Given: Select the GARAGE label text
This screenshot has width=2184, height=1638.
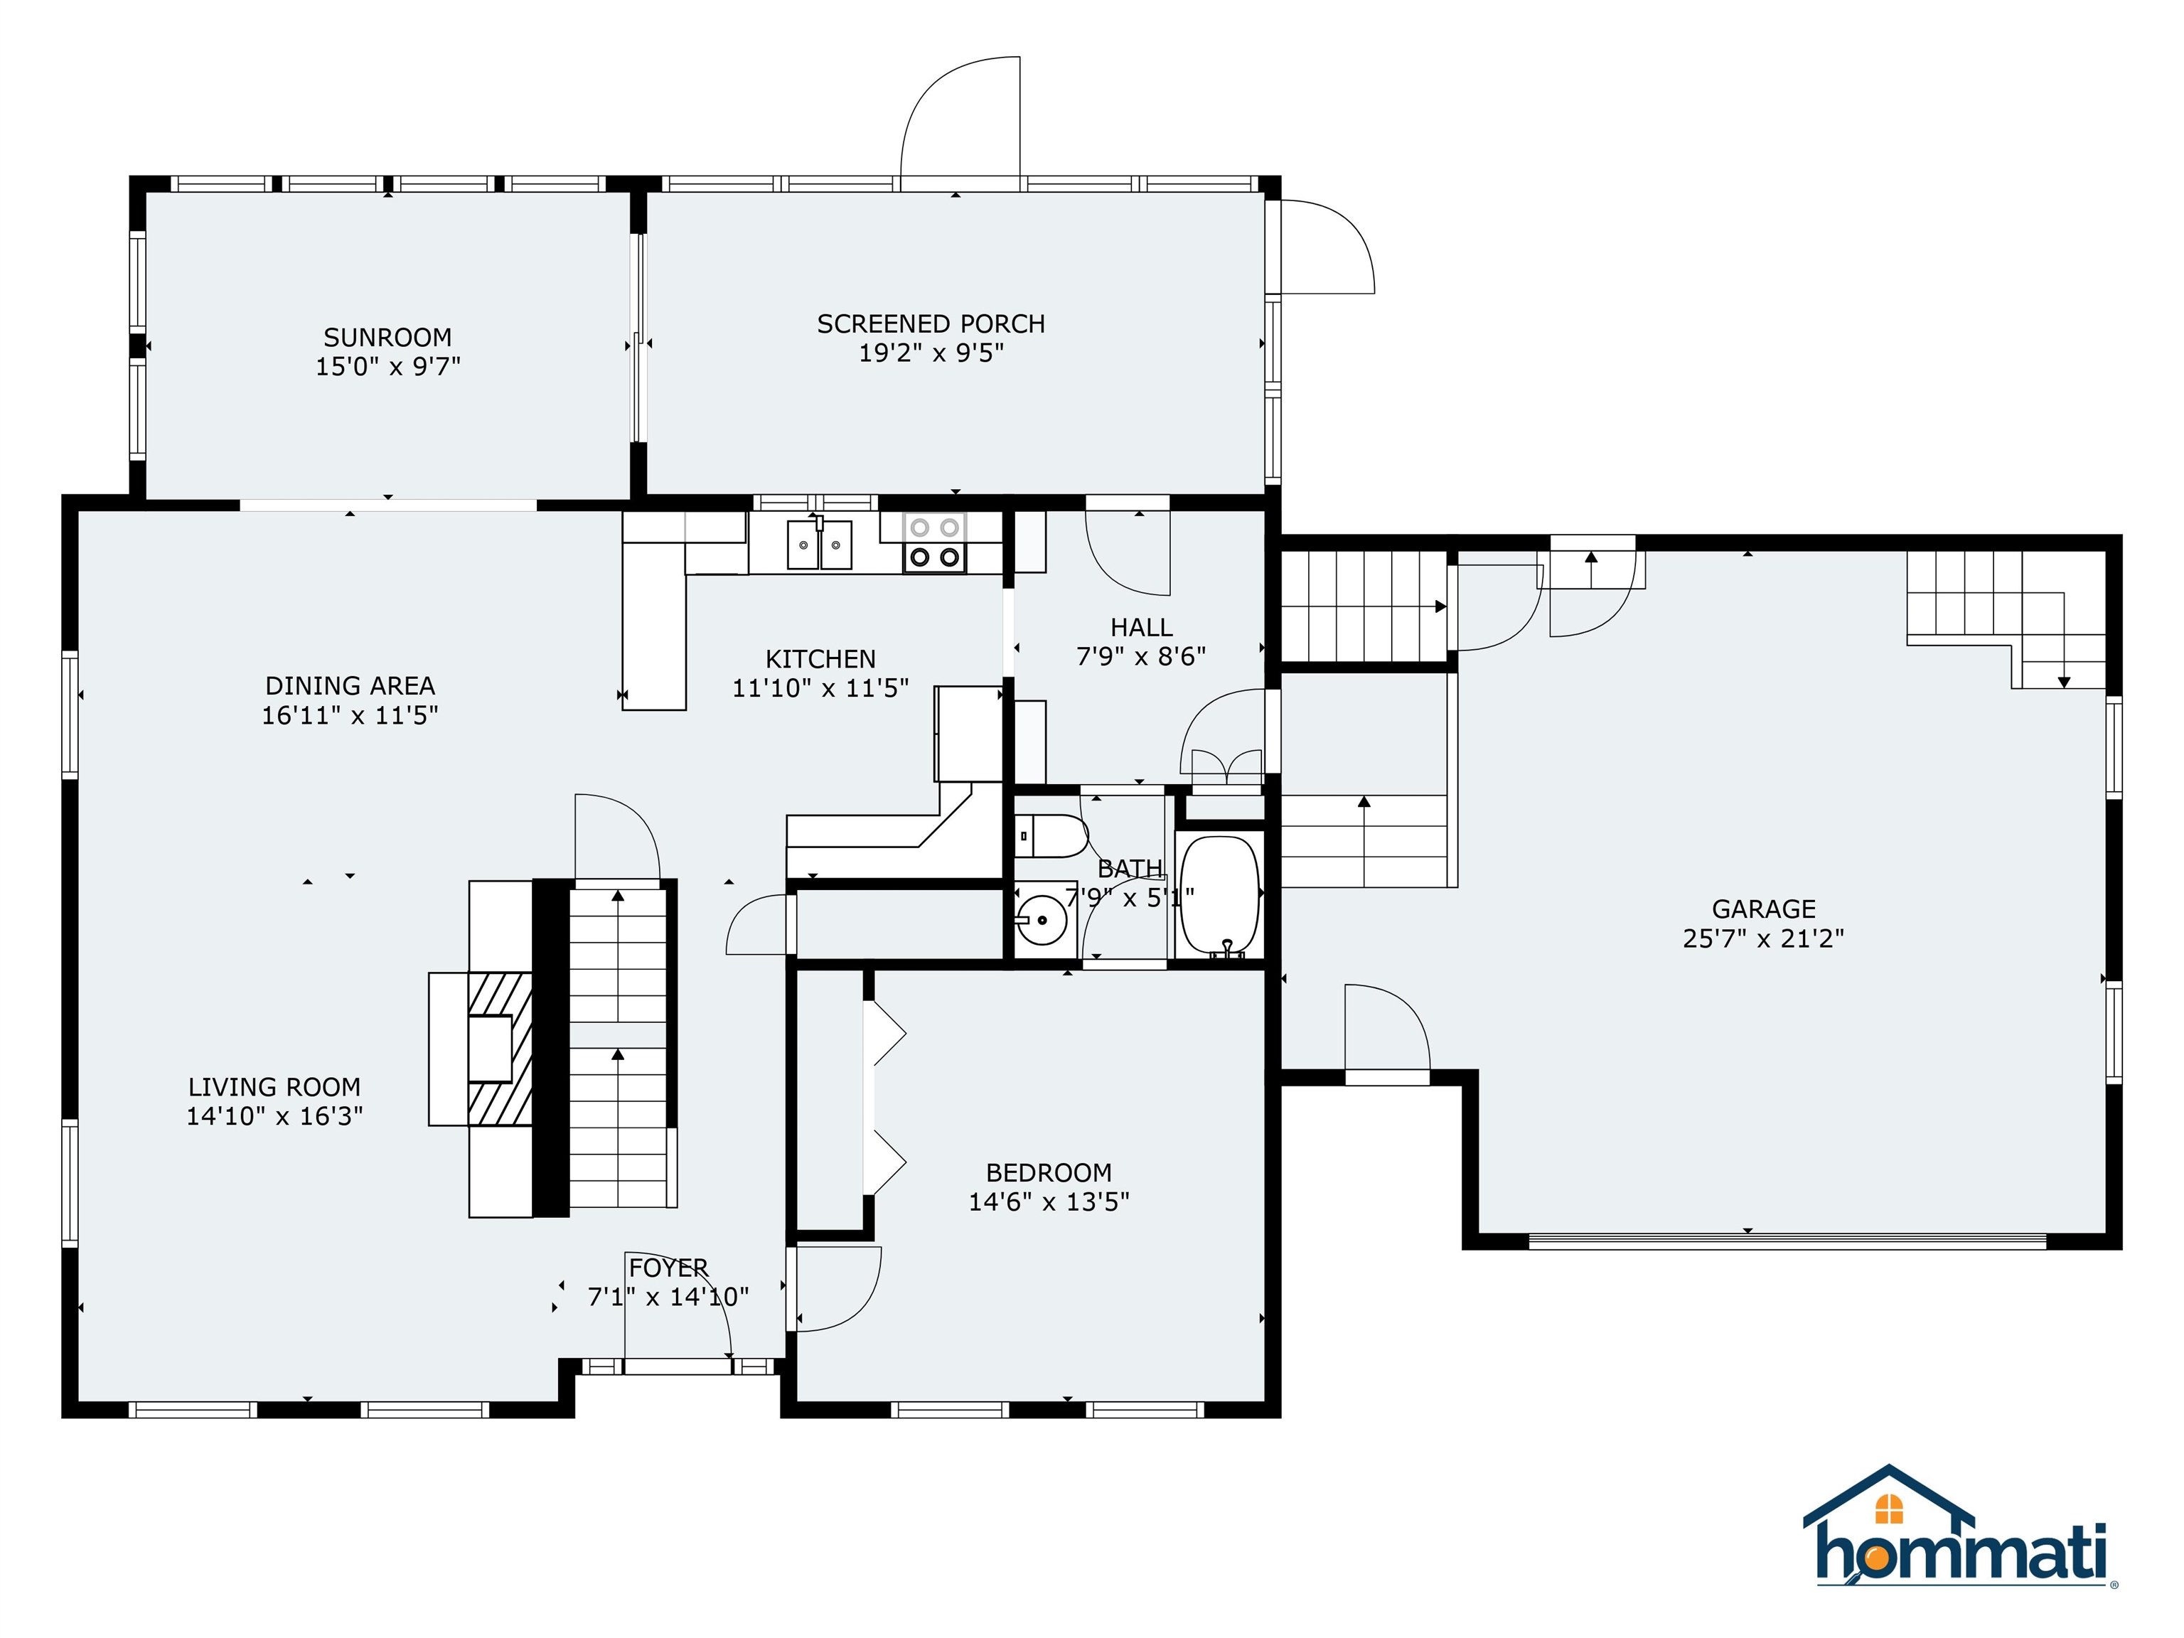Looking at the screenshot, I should click(x=1762, y=909).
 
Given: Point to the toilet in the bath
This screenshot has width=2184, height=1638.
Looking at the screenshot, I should click(x=1049, y=836).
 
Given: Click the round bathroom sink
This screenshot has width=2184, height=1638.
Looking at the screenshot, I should click(x=1042, y=920).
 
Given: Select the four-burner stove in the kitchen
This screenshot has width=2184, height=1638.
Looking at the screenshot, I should click(x=934, y=543).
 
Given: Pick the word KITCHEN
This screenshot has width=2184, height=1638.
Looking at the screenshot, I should click(x=820, y=658).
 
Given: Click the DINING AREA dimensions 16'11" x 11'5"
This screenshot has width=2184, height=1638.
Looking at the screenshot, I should click(x=350, y=714).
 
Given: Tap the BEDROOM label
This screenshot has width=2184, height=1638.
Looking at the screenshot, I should click(x=1049, y=1172).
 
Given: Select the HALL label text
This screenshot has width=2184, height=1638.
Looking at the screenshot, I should click(x=1141, y=627).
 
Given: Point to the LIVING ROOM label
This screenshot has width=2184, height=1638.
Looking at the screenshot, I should click(x=274, y=1087).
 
